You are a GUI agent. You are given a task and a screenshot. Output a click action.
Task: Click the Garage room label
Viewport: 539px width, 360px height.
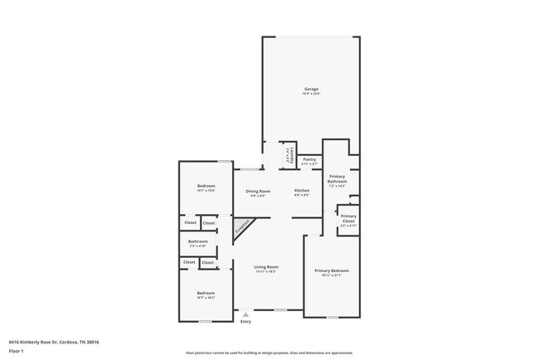(311, 89)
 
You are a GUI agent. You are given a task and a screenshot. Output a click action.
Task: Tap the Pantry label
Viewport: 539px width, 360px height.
(309, 159)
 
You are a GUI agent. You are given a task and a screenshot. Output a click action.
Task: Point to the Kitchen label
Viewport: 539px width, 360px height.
(302, 191)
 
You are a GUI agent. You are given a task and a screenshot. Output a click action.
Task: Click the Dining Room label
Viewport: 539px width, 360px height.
(258, 191)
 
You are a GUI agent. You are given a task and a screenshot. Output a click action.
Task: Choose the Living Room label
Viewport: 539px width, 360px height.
(266, 266)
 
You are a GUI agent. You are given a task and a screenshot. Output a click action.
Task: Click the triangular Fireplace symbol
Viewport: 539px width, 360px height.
(242, 228)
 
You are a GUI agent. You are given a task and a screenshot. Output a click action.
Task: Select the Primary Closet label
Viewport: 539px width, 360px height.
(348, 218)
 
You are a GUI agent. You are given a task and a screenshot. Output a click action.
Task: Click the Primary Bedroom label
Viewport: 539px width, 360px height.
(331, 270)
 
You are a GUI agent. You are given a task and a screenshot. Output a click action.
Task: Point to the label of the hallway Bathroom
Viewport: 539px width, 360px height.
(197, 241)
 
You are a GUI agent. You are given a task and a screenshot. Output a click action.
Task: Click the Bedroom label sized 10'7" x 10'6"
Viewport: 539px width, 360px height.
(206, 185)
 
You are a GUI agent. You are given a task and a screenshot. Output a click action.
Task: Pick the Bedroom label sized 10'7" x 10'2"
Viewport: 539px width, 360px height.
(206, 293)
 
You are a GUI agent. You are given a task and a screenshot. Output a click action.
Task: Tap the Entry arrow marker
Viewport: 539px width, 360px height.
(245, 314)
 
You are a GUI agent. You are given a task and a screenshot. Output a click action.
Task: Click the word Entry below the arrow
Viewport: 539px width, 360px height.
(245, 321)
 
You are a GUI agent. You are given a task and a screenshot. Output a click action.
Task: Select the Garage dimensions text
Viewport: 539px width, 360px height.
(311, 94)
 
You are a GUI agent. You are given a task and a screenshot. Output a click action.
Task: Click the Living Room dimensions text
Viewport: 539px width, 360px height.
(266, 271)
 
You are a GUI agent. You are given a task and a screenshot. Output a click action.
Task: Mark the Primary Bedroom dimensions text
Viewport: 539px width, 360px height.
(331, 275)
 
